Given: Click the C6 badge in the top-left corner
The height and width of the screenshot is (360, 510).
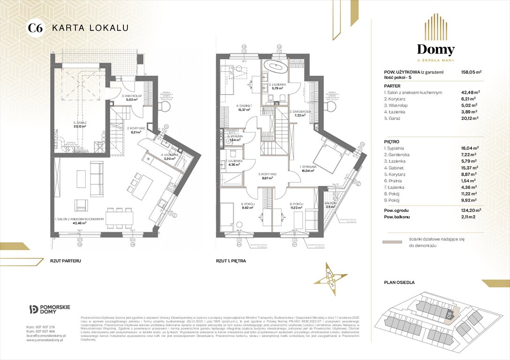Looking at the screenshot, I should point(36,28).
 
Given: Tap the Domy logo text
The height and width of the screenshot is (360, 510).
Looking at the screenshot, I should point(436,50).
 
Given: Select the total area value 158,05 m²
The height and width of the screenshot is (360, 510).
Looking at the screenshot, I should point(474,72).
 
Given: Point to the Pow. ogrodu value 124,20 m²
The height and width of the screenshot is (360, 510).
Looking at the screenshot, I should point(474,210).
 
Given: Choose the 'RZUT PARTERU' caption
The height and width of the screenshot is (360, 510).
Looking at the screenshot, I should point(65,260).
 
